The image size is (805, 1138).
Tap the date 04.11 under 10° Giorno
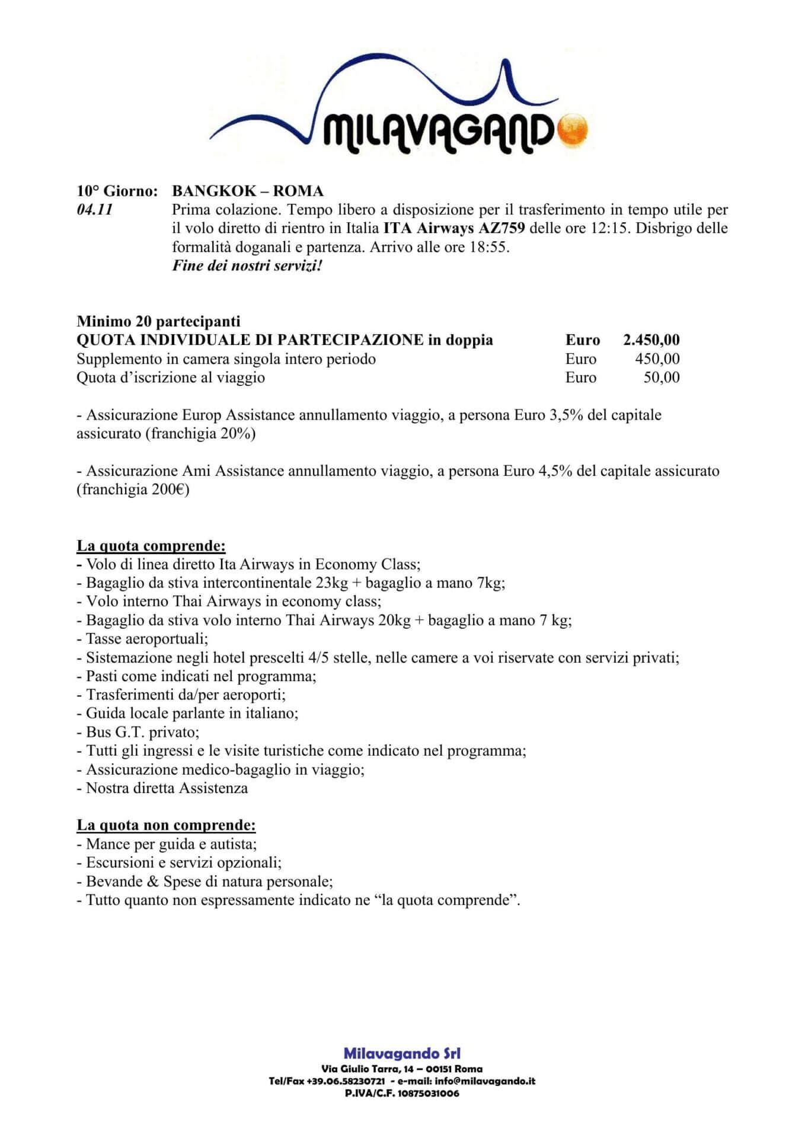95,210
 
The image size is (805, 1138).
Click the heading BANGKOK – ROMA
248,191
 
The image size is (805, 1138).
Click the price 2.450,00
651,340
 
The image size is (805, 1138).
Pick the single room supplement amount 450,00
657,359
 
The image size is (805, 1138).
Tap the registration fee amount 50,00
662,378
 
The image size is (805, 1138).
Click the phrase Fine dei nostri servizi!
247,266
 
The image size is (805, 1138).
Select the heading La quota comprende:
151,545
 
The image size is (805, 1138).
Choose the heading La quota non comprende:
166,825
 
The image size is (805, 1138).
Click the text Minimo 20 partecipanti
158,321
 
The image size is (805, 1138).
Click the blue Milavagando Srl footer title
402,1053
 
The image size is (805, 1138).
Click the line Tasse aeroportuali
142,639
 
